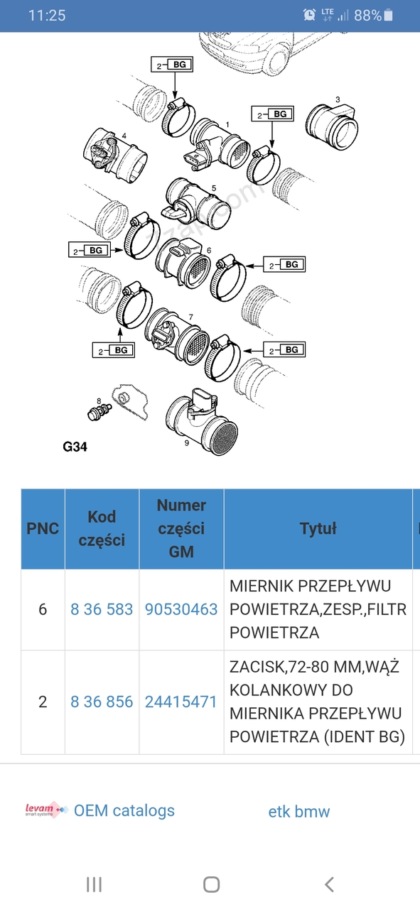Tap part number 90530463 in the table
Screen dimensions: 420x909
[x=181, y=609]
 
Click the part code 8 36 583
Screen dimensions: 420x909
[x=102, y=609]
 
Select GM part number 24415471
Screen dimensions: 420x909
[x=181, y=702]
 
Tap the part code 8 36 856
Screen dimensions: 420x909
[x=102, y=702]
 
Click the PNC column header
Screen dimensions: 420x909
[x=43, y=528]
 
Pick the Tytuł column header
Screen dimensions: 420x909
[x=318, y=528]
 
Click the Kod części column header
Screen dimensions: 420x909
[x=102, y=528]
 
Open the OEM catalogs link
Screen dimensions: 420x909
[x=124, y=810]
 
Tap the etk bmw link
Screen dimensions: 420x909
[x=299, y=811]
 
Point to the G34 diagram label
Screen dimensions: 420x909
[x=75, y=447]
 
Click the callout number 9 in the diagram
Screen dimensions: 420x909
[x=186, y=443]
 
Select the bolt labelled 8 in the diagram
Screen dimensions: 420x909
[x=99, y=411]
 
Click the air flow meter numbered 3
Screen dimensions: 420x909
[x=332, y=126]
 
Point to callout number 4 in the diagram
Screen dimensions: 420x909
[x=124, y=136]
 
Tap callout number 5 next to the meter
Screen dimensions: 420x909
[x=214, y=188]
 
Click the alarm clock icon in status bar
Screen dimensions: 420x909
[x=310, y=15]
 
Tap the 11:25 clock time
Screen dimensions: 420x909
[x=47, y=16]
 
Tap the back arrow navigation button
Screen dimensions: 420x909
[x=329, y=884]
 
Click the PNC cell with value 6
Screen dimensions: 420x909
[x=43, y=609]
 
